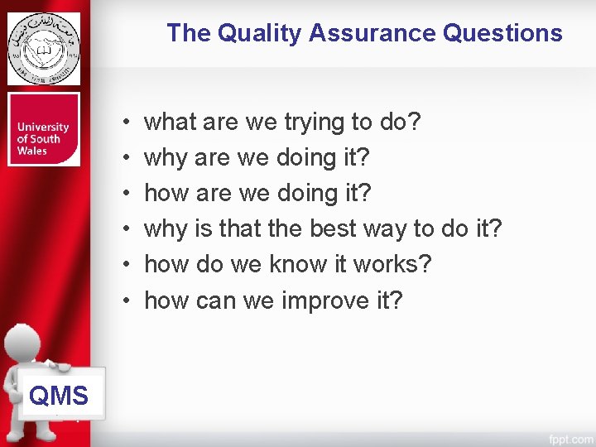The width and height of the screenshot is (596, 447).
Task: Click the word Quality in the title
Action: tap(259, 33)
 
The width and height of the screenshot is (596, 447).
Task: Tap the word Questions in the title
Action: tap(502, 33)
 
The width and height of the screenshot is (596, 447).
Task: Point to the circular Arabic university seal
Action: tap(44, 48)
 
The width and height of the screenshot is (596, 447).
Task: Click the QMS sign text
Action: tap(58, 396)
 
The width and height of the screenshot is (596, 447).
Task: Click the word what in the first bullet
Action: tap(171, 123)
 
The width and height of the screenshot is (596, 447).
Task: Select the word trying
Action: tap(315, 123)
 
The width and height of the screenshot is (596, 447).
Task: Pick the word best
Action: tap(337, 228)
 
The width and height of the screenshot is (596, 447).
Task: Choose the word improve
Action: tap(323, 300)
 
